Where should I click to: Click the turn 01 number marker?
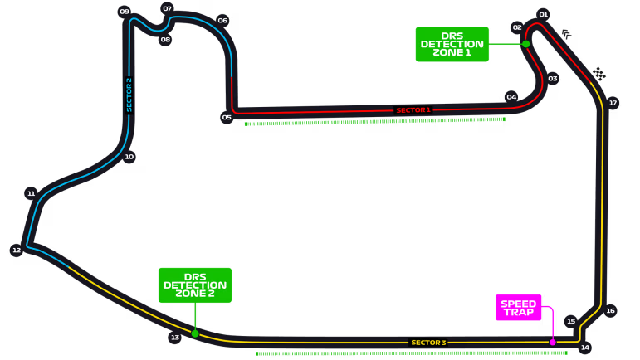(x=543, y=15)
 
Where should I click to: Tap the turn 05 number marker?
(x=227, y=118)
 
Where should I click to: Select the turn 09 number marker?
(x=124, y=12)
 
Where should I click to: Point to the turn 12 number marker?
(x=17, y=250)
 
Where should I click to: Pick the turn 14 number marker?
(x=585, y=348)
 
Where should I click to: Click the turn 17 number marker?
(x=613, y=103)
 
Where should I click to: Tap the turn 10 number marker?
(x=129, y=157)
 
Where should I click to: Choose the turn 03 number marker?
(x=553, y=78)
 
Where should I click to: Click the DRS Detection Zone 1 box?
(x=452, y=44)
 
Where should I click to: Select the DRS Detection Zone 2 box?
(x=195, y=285)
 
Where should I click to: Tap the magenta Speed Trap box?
(x=518, y=308)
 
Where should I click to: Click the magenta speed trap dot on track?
(x=552, y=342)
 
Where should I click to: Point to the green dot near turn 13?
(x=195, y=333)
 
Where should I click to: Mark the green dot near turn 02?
(x=525, y=44)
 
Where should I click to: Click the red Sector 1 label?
(x=413, y=110)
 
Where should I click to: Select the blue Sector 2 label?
(x=129, y=95)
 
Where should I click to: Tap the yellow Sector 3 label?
(x=428, y=343)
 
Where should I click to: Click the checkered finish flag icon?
(x=598, y=74)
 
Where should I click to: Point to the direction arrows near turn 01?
(x=566, y=34)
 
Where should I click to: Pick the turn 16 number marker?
(x=610, y=311)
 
